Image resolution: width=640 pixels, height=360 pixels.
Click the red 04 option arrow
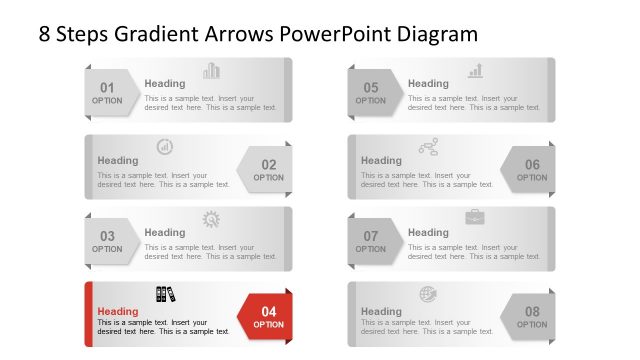pyautogui.click(x=268, y=318)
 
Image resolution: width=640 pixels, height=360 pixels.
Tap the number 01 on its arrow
pyautogui.click(x=107, y=87)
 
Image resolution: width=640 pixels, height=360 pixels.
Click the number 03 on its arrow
pyautogui.click(x=107, y=237)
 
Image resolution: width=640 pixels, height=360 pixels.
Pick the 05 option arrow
pyautogui.click(x=371, y=93)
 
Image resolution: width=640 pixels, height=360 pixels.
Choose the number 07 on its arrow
pyautogui.click(x=371, y=237)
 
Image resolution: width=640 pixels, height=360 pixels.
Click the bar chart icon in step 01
pyautogui.click(x=212, y=71)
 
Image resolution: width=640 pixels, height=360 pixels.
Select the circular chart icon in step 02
pyautogui.click(x=165, y=147)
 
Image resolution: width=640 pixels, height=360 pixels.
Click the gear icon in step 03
pyautogui.click(x=212, y=219)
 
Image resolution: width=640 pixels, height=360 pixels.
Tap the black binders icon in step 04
pyautogui.click(x=165, y=294)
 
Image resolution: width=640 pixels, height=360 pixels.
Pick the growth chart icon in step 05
pyautogui.click(x=476, y=71)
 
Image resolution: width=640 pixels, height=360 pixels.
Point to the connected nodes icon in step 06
pyautogui.click(x=428, y=147)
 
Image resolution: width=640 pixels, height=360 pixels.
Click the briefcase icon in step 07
pyautogui.click(x=475, y=218)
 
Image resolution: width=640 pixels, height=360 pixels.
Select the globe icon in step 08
pyautogui.click(x=428, y=294)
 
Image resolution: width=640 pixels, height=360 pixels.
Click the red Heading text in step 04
pyautogui.click(x=118, y=311)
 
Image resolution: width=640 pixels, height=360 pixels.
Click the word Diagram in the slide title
pyautogui.click(x=436, y=34)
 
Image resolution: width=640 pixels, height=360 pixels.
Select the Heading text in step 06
pyautogui.click(x=381, y=160)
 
